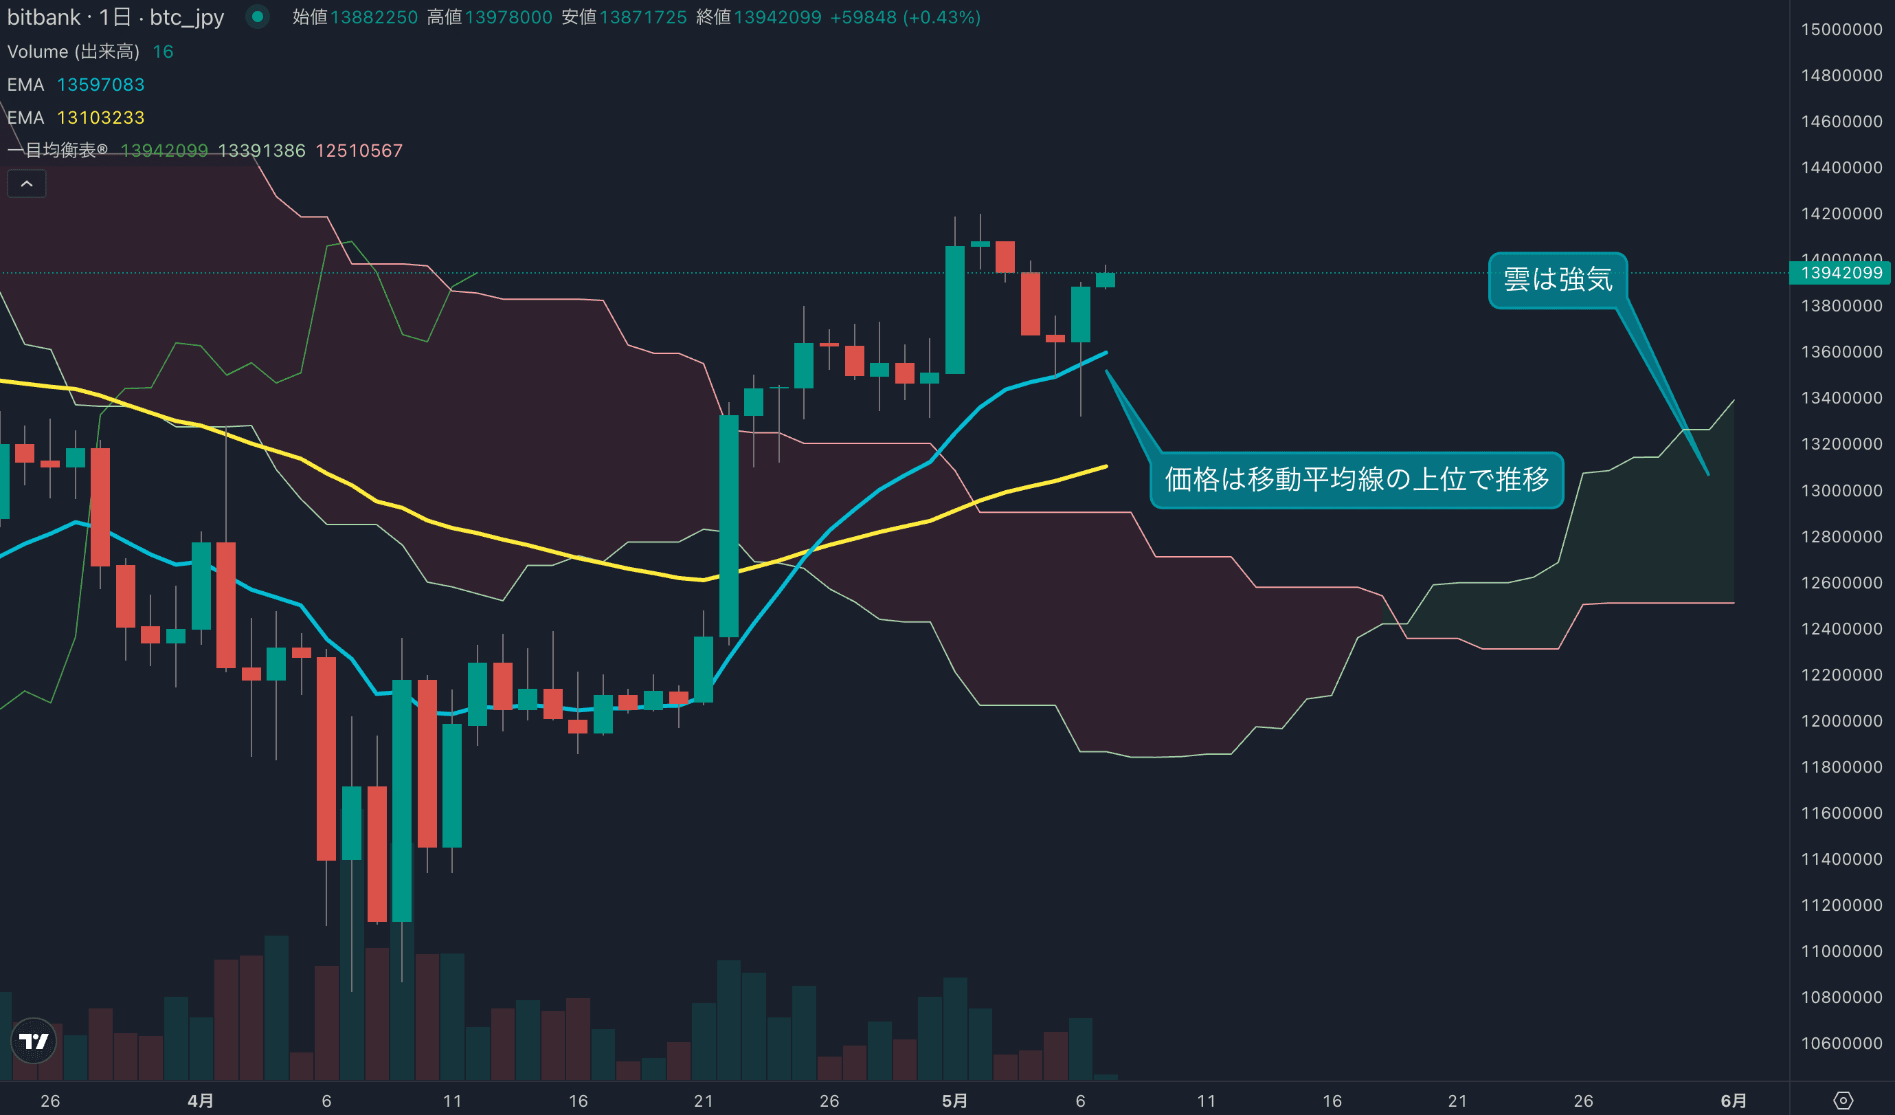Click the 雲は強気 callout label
[1558, 280]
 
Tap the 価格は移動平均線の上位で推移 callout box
[1356, 479]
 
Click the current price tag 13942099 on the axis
[1841, 272]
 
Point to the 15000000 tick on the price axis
[1841, 30]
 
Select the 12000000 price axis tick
[1841, 720]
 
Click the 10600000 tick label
[1841, 1044]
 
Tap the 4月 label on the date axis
[200, 1101]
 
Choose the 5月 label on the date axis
[954, 1101]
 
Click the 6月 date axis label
[1734, 1101]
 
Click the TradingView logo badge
[34, 1041]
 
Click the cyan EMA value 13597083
[101, 85]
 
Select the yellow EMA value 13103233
[101, 118]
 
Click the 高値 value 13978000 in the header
[508, 17]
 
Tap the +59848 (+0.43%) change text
[905, 17]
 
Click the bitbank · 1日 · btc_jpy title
[115, 17]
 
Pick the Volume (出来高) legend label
[73, 51]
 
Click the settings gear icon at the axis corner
[1843, 1101]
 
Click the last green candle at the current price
[1105, 280]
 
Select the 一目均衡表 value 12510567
[359, 151]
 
